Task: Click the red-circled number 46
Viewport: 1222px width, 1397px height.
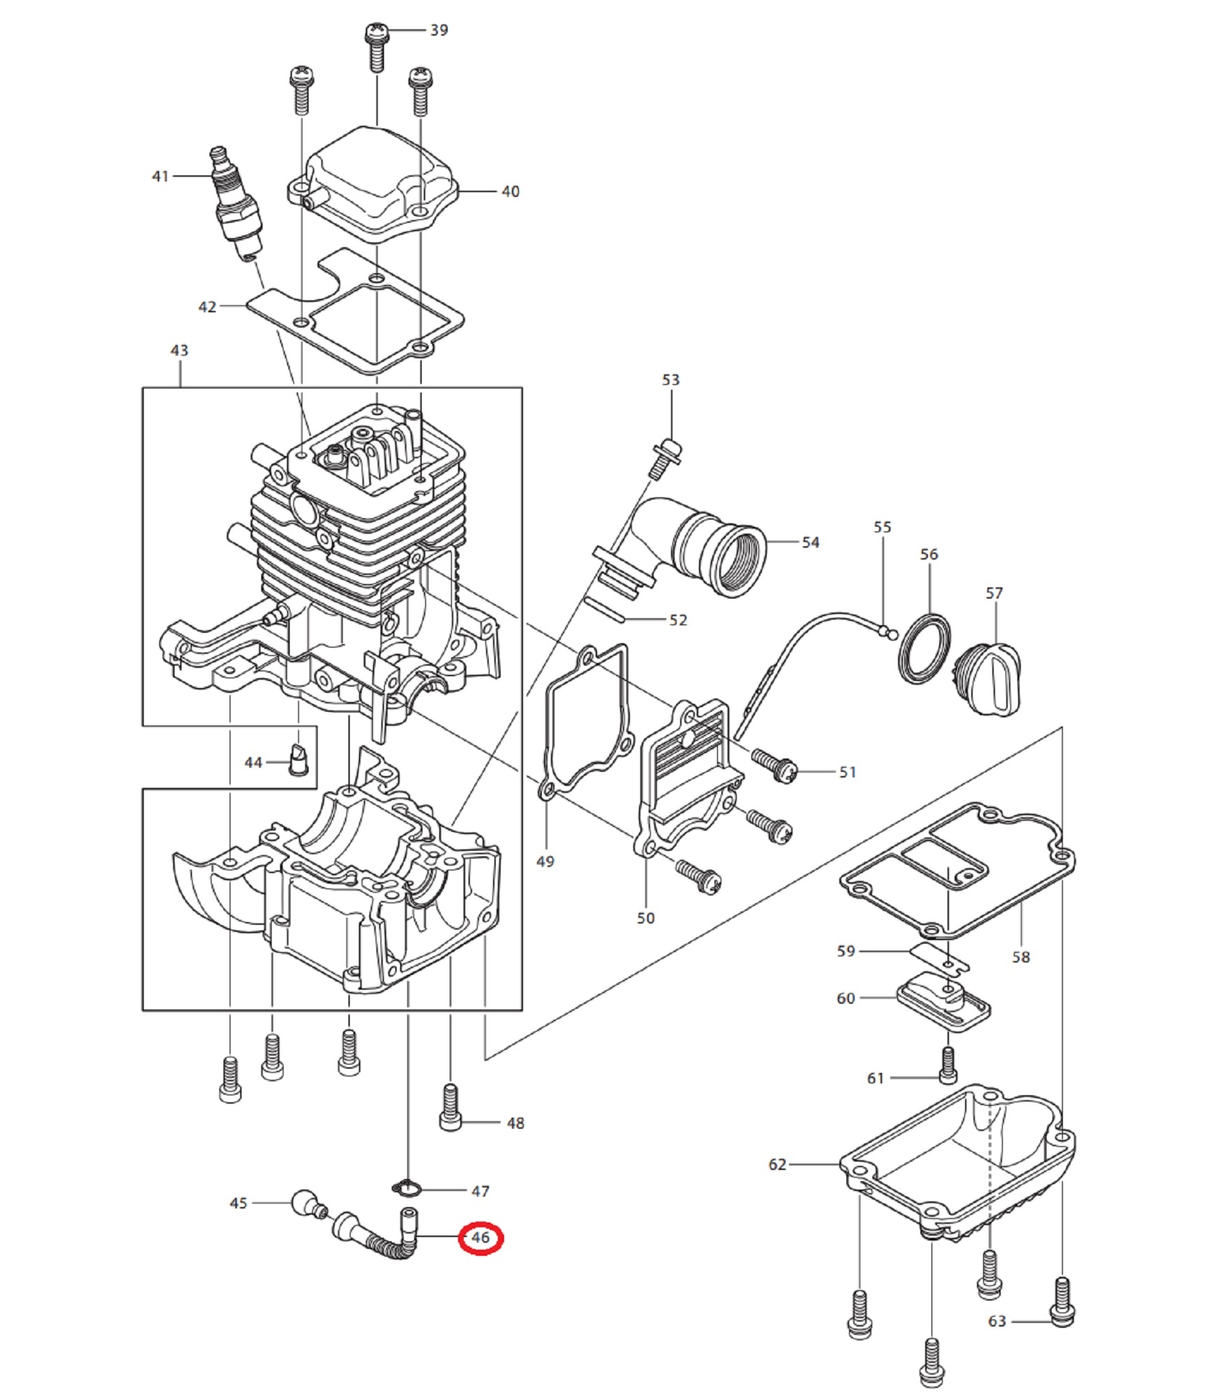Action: (480, 1238)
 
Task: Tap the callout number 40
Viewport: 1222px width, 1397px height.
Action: (510, 191)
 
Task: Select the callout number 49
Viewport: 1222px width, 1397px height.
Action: (545, 861)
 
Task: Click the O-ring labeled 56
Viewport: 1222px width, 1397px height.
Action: (924, 647)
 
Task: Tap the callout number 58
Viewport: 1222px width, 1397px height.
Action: (1021, 957)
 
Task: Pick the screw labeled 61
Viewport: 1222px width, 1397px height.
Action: (948, 1065)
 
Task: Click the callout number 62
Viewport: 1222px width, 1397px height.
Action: (777, 1164)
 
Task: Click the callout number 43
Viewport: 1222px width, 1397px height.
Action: (179, 350)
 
